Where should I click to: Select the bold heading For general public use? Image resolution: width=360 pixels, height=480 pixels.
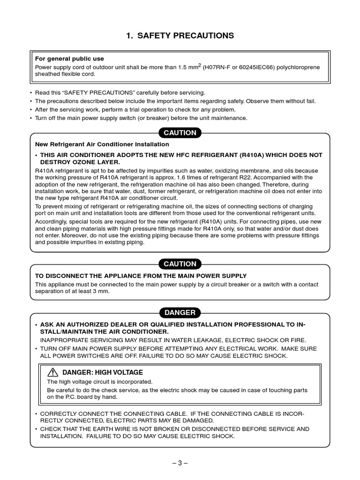(x=70, y=59)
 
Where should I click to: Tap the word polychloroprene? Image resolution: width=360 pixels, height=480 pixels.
(x=298, y=67)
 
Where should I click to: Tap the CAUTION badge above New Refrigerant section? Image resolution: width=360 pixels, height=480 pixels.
(x=180, y=133)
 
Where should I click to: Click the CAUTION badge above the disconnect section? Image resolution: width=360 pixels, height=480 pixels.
(x=180, y=264)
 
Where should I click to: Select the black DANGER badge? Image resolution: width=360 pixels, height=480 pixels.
(x=180, y=313)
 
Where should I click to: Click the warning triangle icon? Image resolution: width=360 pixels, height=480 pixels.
(x=52, y=372)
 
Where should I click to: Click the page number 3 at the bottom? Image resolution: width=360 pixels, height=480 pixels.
(x=180, y=463)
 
